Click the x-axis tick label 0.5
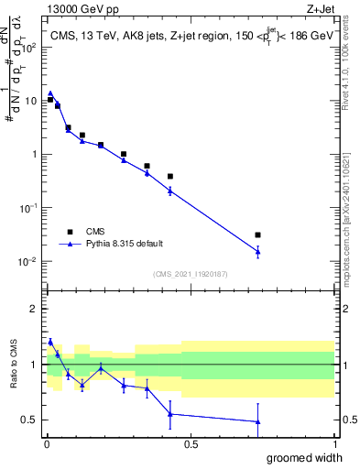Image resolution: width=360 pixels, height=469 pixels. pyautogui.click(x=190, y=444)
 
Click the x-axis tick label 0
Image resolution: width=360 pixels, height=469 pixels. pyautogui.click(x=46, y=444)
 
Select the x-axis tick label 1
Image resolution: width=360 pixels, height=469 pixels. pyautogui.click(x=333, y=444)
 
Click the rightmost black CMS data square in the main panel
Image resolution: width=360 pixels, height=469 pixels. pyautogui.click(x=258, y=235)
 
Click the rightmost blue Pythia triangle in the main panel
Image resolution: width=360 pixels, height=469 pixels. pyautogui.click(x=258, y=251)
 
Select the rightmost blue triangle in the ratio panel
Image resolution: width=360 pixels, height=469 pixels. pyautogui.click(x=258, y=421)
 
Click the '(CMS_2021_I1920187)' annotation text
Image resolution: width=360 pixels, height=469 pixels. pyautogui.click(x=190, y=273)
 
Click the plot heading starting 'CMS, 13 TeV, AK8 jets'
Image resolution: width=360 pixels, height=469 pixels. pyautogui.click(x=190, y=35)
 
